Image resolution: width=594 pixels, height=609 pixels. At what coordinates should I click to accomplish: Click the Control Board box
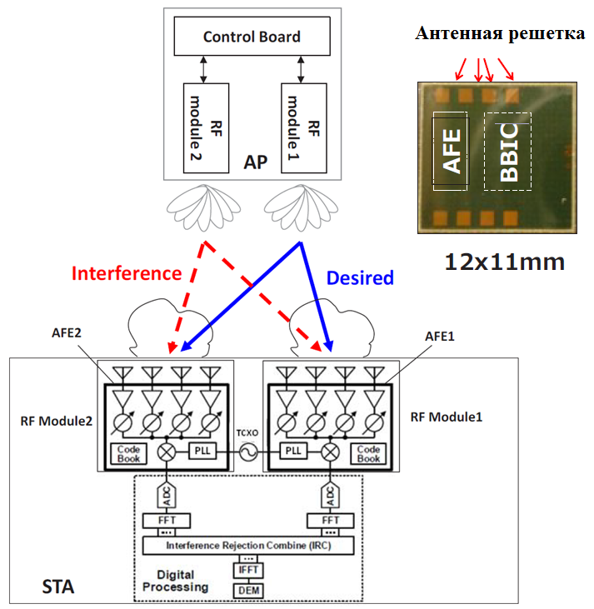[x=252, y=36]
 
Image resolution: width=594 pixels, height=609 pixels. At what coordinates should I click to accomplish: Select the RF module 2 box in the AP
[x=206, y=128]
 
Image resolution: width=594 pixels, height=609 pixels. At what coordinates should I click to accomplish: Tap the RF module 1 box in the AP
[x=304, y=128]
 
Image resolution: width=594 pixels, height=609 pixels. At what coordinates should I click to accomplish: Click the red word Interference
[x=127, y=273]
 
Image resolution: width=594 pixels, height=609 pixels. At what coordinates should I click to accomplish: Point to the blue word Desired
[x=360, y=277]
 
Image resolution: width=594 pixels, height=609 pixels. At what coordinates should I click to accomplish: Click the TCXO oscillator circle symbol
[x=248, y=452]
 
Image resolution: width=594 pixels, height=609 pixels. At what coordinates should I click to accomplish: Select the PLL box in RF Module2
[x=202, y=451]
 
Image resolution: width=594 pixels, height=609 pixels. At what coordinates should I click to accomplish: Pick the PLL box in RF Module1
[x=293, y=451]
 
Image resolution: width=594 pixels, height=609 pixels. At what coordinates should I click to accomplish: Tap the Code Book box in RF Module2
[x=128, y=454]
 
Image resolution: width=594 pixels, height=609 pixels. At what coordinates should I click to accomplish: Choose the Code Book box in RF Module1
[x=368, y=454]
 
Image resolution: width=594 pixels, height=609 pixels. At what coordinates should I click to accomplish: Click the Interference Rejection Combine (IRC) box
[x=248, y=546]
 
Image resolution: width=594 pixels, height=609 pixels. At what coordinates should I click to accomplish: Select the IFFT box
[x=248, y=570]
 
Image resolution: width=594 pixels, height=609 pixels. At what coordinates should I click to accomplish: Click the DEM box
[x=248, y=591]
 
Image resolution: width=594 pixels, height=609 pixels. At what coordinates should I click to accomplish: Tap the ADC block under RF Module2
[x=167, y=496]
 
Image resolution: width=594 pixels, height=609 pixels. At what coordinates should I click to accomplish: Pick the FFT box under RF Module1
[x=331, y=521]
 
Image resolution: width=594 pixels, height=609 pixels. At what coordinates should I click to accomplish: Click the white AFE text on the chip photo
[x=452, y=151]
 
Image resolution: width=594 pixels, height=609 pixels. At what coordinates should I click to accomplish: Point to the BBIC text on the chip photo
[x=509, y=152]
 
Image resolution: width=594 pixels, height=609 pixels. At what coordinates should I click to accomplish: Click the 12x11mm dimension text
[x=504, y=262]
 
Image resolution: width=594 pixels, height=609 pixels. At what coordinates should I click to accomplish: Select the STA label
[x=57, y=587]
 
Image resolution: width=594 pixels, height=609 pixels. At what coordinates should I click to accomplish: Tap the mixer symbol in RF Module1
[x=330, y=452]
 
